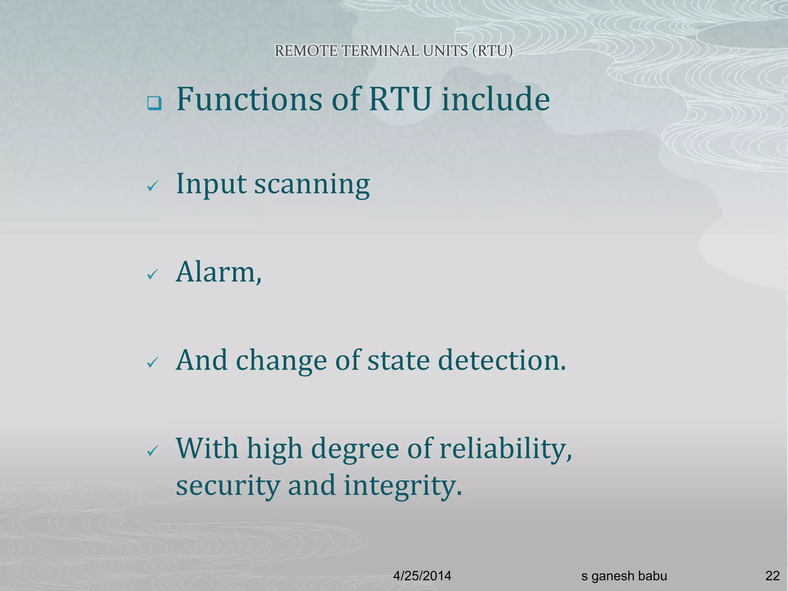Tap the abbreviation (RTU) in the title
pyautogui.click(x=492, y=51)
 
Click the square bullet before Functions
pyautogui.click(x=154, y=104)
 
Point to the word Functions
pyautogui.click(x=249, y=99)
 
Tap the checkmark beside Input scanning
pyautogui.click(x=153, y=187)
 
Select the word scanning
pyautogui.click(x=312, y=185)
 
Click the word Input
pyautogui.click(x=211, y=185)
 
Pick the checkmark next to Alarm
pyautogui.click(x=153, y=275)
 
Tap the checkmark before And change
pyautogui.click(x=153, y=362)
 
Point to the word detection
pyautogui.click(x=502, y=360)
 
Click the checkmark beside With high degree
pyautogui.click(x=153, y=451)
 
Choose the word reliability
pyautogui.click(x=505, y=449)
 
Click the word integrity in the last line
pyautogui.click(x=402, y=486)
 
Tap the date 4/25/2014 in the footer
pyautogui.click(x=422, y=576)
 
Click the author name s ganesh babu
pyautogui.click(x=624, y=576)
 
